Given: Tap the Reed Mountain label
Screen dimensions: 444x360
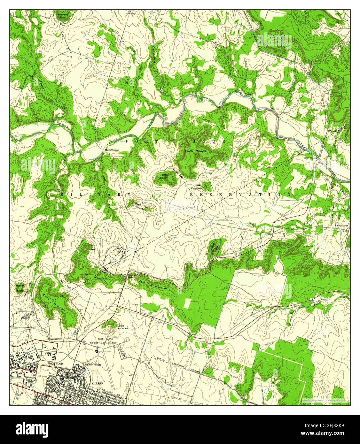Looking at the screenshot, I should point(165,176).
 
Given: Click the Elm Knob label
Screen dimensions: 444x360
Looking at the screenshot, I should point(93,247).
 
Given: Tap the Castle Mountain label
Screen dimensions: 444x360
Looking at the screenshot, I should point(122,327).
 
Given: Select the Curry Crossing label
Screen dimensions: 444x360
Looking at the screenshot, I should point(310,158).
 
